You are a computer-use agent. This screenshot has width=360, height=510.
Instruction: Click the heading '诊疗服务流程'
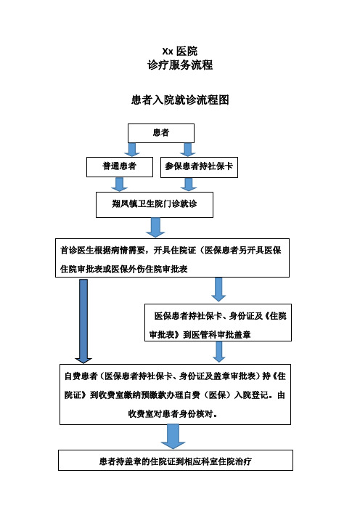179,65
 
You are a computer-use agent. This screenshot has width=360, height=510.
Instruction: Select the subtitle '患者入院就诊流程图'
179,100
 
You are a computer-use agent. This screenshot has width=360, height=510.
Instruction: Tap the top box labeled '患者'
161,133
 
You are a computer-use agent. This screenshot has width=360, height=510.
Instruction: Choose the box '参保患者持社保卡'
198,167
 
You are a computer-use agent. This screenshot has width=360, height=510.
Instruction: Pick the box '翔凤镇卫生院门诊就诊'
155,205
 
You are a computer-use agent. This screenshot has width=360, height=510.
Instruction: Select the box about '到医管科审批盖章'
218,322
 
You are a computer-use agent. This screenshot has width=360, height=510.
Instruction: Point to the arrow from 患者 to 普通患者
132,150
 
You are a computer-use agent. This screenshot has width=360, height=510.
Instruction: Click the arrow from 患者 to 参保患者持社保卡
188,150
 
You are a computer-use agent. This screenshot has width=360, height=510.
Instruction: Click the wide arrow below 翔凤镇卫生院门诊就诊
156,228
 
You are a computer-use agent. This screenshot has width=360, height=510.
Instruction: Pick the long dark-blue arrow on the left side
83,320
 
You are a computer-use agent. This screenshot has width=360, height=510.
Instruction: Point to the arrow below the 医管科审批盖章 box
218,352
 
